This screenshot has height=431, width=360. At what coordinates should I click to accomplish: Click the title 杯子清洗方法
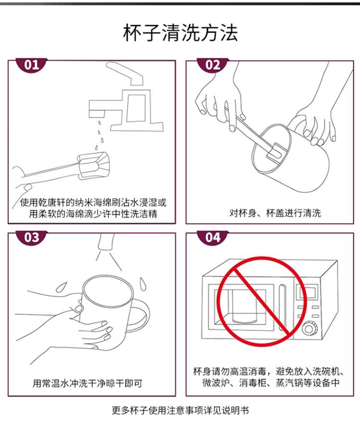click(x=180, y=33)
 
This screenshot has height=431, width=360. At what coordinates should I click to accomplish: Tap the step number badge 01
click(x=32, y=65)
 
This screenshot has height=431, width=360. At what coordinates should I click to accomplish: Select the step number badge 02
click(x=213, y=65)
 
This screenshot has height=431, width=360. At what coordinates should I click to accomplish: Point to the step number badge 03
click(x=32, y=237)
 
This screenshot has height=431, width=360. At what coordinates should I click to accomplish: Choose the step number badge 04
click(x=213, y=237)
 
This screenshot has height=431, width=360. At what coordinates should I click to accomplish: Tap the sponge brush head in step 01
click(x=94, y=164)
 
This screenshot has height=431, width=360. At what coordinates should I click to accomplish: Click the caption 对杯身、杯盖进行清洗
click(x=275, y=213)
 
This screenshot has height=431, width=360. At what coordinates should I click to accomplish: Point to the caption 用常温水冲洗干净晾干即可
click(x=87, y=383)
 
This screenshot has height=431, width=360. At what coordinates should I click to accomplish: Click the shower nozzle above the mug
click(x=106, y=242)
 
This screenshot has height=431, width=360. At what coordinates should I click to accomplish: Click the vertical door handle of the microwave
click(x=282, y=308)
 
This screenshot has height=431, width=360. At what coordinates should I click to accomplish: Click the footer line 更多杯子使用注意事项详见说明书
click(x=180, y=410)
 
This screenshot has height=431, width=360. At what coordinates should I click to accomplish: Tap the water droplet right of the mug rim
click(x=143, y=284)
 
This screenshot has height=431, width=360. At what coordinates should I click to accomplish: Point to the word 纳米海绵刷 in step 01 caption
click(x=98, y=203)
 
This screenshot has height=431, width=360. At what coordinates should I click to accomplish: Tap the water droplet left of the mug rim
click(x=61, y=287)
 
